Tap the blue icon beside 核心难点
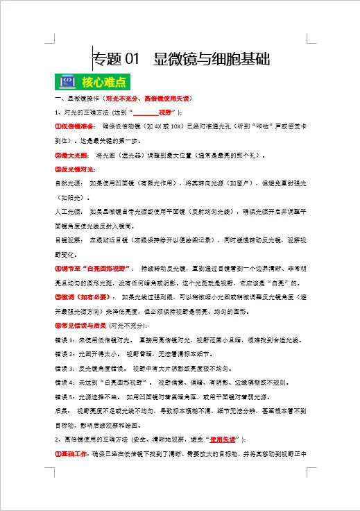67,82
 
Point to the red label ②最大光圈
71,156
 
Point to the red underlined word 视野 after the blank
165,112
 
